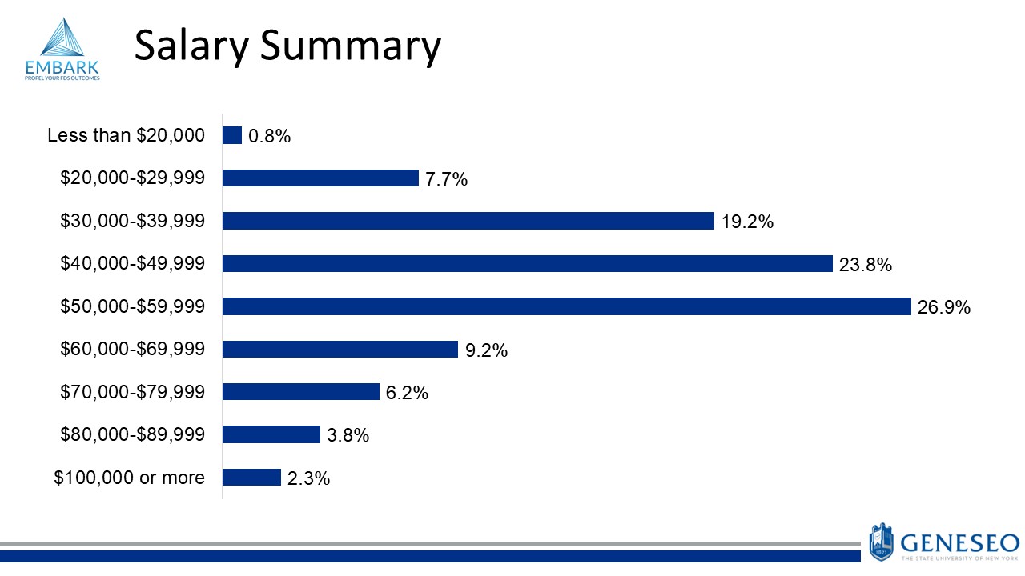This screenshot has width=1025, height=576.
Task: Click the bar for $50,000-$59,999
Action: (x=566, y=306)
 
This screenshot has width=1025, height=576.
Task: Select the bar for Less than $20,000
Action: (x=232, y=135)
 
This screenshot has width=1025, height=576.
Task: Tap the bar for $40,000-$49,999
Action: (x=527, y=263)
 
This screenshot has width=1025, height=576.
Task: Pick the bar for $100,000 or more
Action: (x=251, y=478)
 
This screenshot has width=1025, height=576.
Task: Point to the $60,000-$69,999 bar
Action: (x=340, y=349)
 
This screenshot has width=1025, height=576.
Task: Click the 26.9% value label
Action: (x=944, y=307)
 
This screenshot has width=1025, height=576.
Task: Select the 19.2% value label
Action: (x=747, y=222)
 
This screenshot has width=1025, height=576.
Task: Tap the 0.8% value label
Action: (x=270, y=136)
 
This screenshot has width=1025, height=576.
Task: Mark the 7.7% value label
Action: (x=446, y=179)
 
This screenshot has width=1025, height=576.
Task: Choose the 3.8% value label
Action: (x=348, y=435)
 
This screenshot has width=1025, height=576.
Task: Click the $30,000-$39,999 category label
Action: (x=133, y=220)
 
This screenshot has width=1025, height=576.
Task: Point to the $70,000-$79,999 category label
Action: (x=133, y=391)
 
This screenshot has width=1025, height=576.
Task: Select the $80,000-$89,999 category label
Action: (x=133, y=434)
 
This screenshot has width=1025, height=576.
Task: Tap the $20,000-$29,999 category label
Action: (x=133, y=178)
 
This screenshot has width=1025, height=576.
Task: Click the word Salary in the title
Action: (x=191, y=46)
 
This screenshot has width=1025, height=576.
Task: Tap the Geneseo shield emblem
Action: (x=881, y=542)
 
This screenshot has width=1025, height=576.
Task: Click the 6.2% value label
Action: (x=407, y=392)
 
